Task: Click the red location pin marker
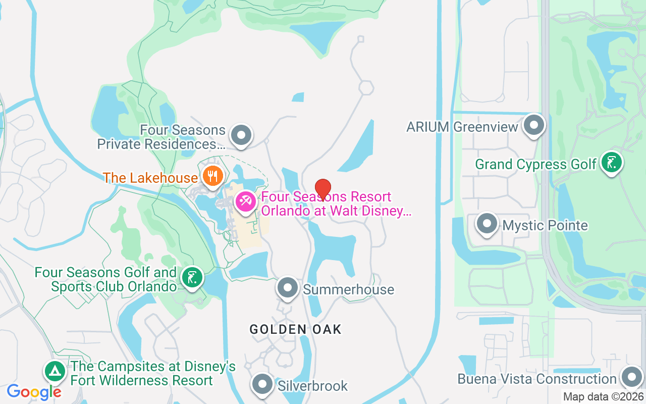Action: coord(323,189)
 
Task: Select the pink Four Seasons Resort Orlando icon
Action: coord(246,202)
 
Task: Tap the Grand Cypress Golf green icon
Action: coord(612,163)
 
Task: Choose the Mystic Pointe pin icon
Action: coord(487,223)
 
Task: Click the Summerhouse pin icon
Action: coord(288,288)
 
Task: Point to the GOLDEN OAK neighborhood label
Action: coord(296,330)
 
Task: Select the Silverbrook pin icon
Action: coord(262,384)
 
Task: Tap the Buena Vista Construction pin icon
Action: coord(631,377)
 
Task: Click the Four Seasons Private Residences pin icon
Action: coord(241,135)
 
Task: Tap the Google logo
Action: coord(34,392)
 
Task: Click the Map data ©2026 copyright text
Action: coord(603,397)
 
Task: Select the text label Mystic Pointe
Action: coord(545,225)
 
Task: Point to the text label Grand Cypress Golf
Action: coord(536,164)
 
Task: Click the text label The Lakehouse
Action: coord(150,178)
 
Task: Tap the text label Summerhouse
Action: coord(348,290)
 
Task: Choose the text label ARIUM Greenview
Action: coord(462,127)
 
